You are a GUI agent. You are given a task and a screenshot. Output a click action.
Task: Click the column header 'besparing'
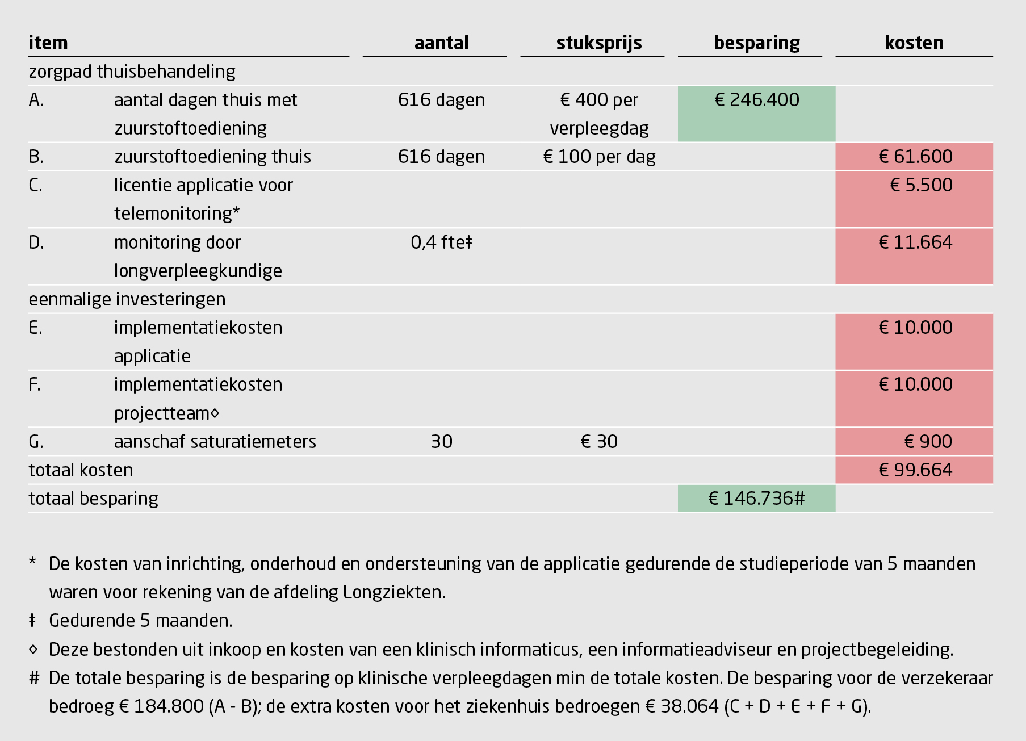pyautogui.click(x=756, y=43)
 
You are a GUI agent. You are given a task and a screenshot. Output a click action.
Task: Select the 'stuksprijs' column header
pyautogui.click(x=599, y=43)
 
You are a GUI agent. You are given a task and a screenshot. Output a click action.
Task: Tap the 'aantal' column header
pyautogui.click(x=441, y=43)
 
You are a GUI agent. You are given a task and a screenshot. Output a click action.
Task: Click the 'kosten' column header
pyautogui.click(x=914, y=43)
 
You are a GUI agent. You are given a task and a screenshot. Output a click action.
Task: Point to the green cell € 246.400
pyautogui.click(x=756, y=101)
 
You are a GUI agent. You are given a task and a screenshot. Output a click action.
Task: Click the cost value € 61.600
pyautogui.click(x=915, y=157)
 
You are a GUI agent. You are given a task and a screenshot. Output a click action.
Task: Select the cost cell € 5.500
pyautogui.click(x=921, y=185)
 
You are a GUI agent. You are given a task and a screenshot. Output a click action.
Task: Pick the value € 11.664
pyautogui.click(x=915, y=242)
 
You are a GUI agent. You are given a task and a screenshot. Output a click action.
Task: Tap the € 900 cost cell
pyautogui.click(x=928, y=442)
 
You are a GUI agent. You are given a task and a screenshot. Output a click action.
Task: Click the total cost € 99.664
pyautogui.click(x=915, y=470)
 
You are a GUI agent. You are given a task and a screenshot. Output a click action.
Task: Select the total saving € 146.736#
pyautogui.click(x=756, y=499)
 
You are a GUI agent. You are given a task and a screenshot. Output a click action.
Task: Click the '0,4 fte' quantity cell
pyautogui.click(x=441, y=242)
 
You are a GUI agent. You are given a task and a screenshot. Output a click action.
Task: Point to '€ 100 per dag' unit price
pyautogui.click(x=599, y=157)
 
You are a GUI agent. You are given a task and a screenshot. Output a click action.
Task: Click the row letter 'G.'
pyautogui.click(x=36, y=442)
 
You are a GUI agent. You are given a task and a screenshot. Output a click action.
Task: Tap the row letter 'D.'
pyautogui.click(x=36, y=242)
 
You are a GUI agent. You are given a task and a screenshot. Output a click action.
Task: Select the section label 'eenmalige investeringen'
pyautogui.click(x=127, y=299)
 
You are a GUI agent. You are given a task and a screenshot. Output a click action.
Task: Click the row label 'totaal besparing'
pyautogui.click(x=94, y=499)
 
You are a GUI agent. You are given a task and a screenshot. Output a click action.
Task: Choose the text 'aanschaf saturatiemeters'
pyautogui.click(x=215, y=442)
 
